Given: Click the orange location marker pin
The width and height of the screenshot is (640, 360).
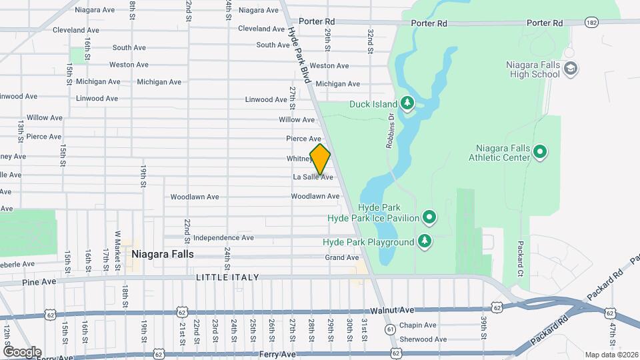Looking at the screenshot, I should coord(320,159).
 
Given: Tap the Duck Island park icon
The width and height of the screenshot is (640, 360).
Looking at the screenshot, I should coord(407,103).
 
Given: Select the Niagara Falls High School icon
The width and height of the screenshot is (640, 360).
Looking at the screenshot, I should coord(571,69).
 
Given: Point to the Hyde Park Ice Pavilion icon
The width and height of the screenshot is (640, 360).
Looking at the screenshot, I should coord(430,217).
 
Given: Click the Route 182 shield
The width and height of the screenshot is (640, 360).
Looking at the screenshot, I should coord(591,23).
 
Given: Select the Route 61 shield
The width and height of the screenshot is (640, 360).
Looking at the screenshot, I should coord(390,329).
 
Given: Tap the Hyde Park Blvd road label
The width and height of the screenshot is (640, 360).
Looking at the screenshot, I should coord(301,55).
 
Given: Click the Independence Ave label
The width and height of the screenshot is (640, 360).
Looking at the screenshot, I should coord(223,237).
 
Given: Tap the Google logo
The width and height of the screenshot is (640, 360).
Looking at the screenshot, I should coord(22,351).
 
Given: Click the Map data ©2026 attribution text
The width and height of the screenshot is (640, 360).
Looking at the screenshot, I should coord(611,354).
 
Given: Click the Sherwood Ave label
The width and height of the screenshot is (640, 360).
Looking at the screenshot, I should coord(417,338).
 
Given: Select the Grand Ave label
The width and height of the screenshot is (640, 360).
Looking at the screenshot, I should coord(342,257).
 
